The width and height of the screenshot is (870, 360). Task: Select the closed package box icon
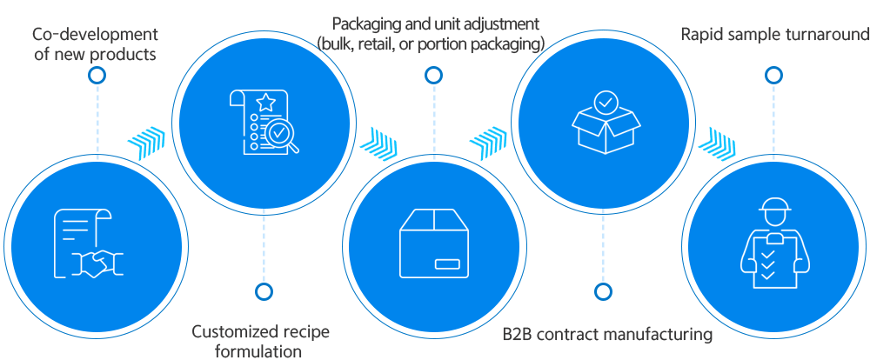click(434, 244)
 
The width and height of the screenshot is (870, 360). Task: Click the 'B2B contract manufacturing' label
click(608, 334)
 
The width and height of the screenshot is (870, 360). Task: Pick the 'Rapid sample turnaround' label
click(774, 35)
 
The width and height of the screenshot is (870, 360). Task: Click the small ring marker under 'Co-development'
click(97, 76)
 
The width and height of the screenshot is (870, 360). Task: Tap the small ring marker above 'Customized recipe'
click(264, 291)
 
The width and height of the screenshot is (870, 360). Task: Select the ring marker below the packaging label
click(432, 76)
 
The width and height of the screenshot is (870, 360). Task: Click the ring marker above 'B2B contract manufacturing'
click(602, 291)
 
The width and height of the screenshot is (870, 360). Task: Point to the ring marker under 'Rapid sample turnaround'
click(773, 76)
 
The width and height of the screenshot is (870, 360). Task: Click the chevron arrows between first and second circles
click(146, 138)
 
